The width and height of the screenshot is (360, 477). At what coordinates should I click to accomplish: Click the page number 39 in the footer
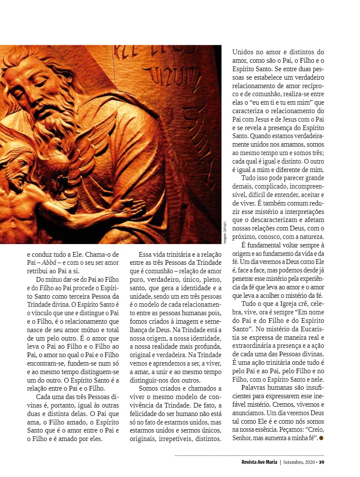click(x=321, y=462)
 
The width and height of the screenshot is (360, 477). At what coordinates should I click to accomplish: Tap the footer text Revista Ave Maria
click(x=257, y=462)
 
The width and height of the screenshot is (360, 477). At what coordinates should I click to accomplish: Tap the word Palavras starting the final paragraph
click(x=254, y=388)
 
